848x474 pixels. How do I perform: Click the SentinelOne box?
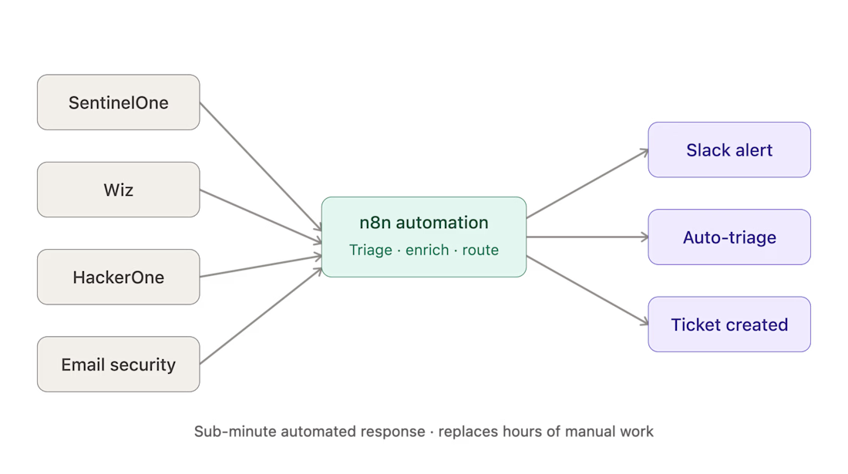click(x=119, y=103)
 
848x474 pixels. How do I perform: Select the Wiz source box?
click(x=119, y=190)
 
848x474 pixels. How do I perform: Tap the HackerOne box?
click(x=119, y=277)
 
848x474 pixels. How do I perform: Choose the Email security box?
click(x=119, y=365)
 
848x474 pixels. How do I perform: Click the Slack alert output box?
click(x=729, y=150)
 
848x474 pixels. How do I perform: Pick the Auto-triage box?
click(x=729, y=237)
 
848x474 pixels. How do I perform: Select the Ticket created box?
click(x=729, y=324)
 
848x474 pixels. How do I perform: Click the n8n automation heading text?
click(x=423, y=223)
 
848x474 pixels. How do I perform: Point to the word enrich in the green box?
click(x=427, y=250)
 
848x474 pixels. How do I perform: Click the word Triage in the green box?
click(x=371, y=250)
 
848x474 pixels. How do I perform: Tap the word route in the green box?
click(x=480, y=250)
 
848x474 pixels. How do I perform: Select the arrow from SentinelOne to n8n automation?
click(x=261, y=166)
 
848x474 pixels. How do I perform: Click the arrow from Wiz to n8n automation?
click(x=261, y=216)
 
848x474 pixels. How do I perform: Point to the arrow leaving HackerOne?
click(x=261, y=267)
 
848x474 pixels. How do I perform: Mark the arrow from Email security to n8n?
click(x=261, y=316)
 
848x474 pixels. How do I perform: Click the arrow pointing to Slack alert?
click(x=587, y=183)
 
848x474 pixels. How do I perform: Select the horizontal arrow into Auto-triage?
click(x=587, y=237)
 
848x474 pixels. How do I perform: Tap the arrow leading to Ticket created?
click(x=587, y=291)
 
